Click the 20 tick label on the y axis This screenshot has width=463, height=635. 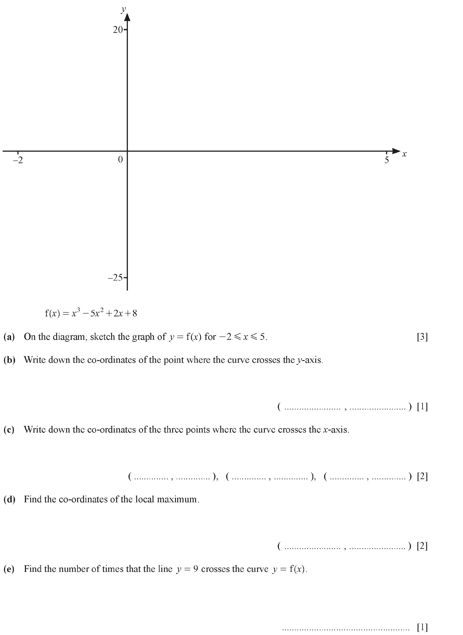pyautogui.click(x=118, y=30)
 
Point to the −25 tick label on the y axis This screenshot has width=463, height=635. pyautogui.click(x=115, y=278)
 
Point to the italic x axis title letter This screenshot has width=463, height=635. pyautogui.click(x=404, y=154)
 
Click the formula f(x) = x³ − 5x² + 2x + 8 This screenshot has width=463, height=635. pyautogui.click(x=91, y=313)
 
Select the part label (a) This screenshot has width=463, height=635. pyautogui.click(x=9, y=337)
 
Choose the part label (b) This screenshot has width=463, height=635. pyautogui.click(x=9, y=360)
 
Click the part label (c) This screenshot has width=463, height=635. pyautogui.click(x=9, y=430)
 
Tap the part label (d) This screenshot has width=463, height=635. pyautogui.click(x=9, y=499)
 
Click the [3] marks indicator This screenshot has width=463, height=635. pyautogui.click(x=422, y=337)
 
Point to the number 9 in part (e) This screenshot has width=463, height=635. pyautogui.click(x=196, y=569)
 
